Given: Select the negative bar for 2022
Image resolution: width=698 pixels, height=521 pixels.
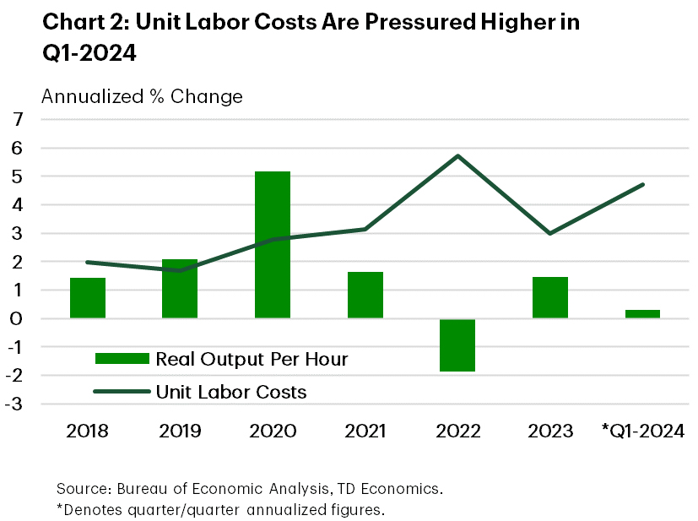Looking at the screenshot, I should coord(457,345).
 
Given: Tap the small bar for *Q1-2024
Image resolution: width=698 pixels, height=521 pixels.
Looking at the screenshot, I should coord(642,314).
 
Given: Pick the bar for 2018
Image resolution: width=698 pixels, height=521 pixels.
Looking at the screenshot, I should coord(88,298).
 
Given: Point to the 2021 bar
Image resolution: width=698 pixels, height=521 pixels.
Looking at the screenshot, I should coord(365,295).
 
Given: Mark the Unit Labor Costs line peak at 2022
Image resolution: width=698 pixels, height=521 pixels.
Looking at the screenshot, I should coord(457,155).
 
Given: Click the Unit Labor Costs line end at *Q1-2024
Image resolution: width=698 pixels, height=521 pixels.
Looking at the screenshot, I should coord(643,184).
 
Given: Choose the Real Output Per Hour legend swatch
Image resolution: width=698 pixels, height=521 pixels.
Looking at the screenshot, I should coord(122,359).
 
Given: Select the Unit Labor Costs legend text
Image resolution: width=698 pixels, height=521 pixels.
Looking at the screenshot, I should coord(231,392).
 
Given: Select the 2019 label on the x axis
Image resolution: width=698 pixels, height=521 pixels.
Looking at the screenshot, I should coord(180,431).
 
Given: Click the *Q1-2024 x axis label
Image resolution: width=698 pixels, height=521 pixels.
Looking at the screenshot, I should coord(643,431).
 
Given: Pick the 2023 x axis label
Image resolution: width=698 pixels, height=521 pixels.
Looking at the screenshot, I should coord(550,431).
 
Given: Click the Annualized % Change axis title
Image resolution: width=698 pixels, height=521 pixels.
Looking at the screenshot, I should coord(142,96).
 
